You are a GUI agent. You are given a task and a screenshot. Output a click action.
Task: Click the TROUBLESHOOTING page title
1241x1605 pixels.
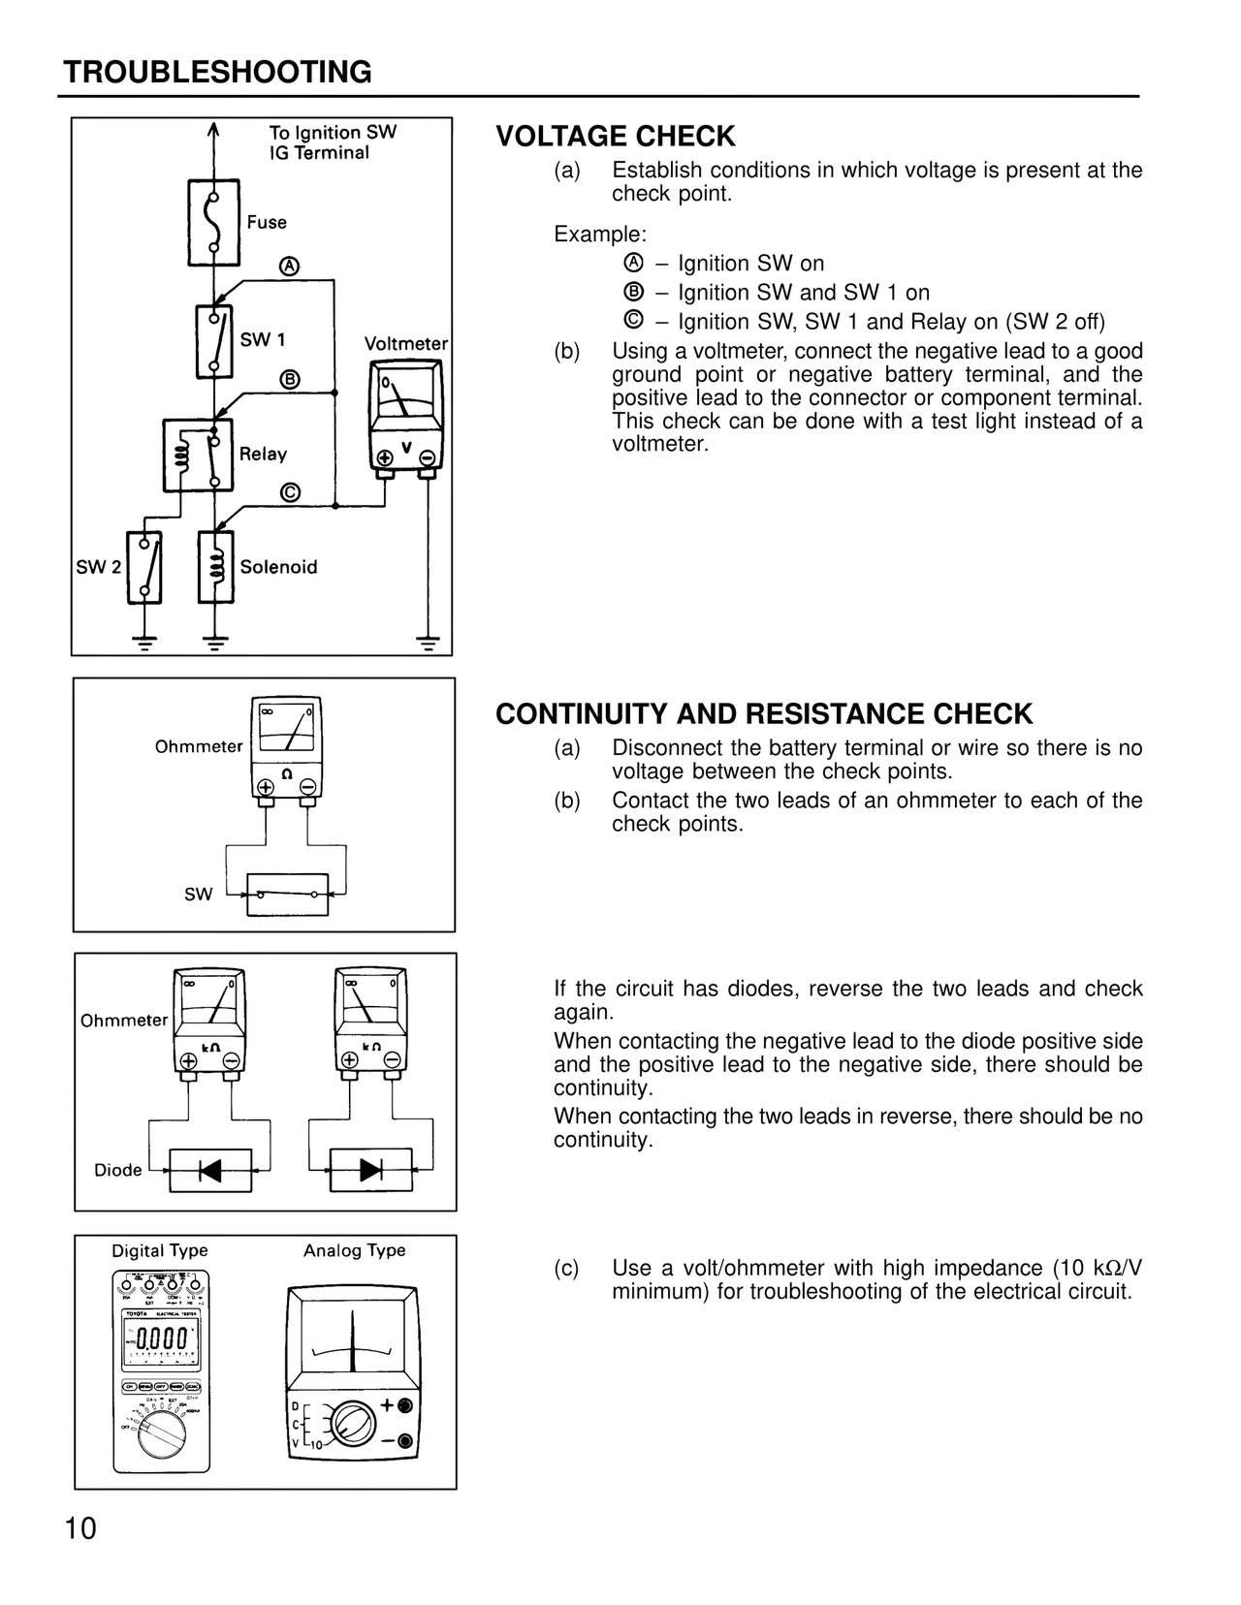[217, 73]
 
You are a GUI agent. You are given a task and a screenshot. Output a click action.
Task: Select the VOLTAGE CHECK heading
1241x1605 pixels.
[616, 137]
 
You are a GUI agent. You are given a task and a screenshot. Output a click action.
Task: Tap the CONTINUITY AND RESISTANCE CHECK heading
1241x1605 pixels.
[764, 714]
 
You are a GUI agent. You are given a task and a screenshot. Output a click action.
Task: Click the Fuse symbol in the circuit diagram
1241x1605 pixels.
[213, 222]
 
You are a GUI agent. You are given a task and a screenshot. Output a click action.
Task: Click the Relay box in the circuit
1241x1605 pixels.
[198, 455]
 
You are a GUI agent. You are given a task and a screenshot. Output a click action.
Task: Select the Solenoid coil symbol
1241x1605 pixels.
[215, 567]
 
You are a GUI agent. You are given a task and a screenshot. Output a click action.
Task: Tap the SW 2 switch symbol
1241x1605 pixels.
[143, 567]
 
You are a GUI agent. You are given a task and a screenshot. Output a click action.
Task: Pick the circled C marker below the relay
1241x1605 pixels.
[289, 492]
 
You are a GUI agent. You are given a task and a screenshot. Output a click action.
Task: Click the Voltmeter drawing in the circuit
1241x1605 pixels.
[405, 418]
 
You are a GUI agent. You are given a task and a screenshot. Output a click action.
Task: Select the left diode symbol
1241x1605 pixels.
[210, 1170]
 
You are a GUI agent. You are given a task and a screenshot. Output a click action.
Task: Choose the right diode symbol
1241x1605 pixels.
[370, 1170]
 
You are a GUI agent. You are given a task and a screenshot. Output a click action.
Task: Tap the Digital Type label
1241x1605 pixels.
[160, 1250]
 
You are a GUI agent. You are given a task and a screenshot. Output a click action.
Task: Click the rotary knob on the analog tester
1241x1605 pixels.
[350, 1425]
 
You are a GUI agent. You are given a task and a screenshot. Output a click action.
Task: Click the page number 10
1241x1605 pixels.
[81, 1528]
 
